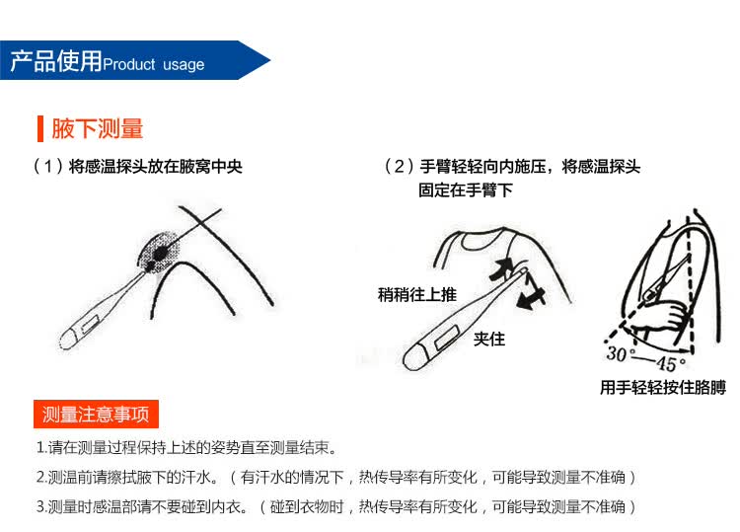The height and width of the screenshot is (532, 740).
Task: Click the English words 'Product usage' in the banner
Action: (154, 64)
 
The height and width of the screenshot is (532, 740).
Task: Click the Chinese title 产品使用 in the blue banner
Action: (56, 61)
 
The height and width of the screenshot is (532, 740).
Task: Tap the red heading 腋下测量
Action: (98, 129)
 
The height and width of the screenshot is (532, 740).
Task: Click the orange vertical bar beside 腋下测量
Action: (40, 129)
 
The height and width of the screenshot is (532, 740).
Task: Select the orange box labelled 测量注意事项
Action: (96, 414)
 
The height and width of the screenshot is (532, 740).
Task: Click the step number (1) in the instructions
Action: (48, 166)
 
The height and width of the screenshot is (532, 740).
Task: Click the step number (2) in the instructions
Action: (400, 166)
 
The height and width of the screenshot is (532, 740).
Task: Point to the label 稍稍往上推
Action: (417, 294)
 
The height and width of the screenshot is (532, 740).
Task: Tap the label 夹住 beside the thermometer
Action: (489, 339)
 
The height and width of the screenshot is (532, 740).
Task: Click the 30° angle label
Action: (620, 354)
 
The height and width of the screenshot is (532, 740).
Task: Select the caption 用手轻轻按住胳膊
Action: (663, 388)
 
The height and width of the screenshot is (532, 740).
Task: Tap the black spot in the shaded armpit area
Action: (160, 253)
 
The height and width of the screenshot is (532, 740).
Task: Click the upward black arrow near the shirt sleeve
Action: (500, 268)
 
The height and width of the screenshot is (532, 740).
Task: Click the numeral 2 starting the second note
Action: (40, 477)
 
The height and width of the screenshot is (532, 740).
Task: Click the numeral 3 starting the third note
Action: (40, 506)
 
